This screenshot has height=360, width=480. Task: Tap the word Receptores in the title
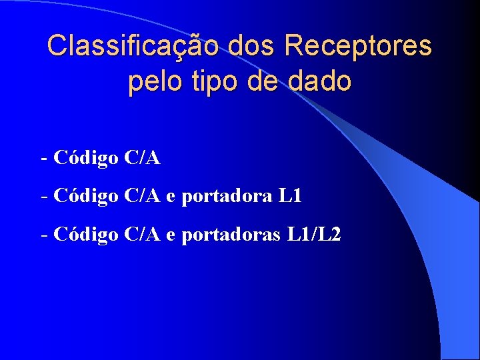357,47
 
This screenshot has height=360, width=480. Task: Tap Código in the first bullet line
86,158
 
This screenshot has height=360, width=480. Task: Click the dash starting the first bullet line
44,159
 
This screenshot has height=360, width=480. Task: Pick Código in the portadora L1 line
86,196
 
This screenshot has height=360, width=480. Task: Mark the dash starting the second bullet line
44,197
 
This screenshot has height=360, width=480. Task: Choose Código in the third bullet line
86,234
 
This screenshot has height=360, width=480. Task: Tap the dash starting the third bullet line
44,235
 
